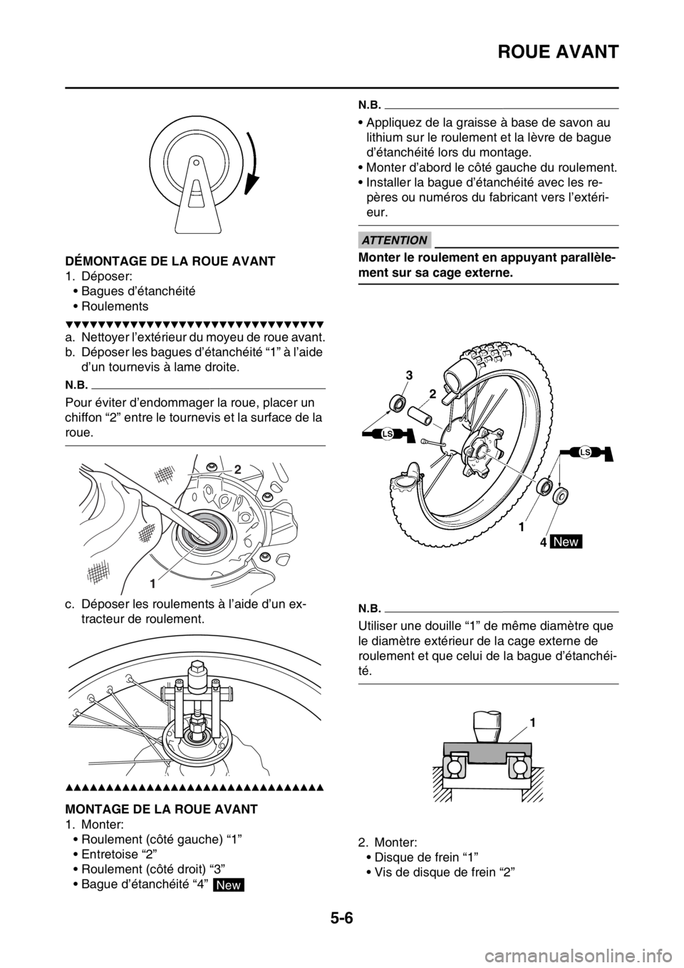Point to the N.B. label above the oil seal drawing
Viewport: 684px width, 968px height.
pyautogui.click(x=79, y=381)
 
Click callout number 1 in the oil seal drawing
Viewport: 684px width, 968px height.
pyautogui.click(x=152, y=583)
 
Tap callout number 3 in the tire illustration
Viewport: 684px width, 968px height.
pyautogui.click(x=409, y=375)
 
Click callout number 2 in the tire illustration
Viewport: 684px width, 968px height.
pyautogui.click(x=432, y=393)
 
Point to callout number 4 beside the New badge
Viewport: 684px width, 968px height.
pyautogui.click(x=543, y=542)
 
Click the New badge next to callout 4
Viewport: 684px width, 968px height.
pyautogui.click(x=566, y=542)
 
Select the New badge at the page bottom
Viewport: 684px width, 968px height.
pyautogui.click(x=228, y=885)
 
